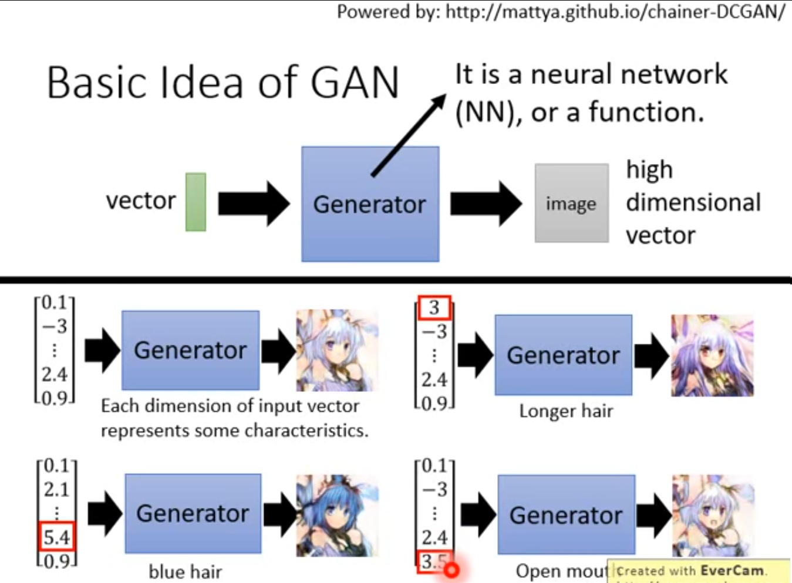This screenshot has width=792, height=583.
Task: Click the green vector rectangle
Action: (196, 202)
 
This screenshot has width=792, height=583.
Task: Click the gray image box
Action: (571, 203)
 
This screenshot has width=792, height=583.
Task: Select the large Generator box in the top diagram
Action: (370, 204)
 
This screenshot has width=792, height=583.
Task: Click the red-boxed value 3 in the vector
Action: (434, 308)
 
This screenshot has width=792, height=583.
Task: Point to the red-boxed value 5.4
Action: (56, 537)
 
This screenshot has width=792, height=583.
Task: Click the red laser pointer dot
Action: (451, 570)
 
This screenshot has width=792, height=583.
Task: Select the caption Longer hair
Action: (566, 411)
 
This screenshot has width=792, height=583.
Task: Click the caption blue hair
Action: (185, 571)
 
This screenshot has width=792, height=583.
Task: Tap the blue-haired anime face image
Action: (337, 516)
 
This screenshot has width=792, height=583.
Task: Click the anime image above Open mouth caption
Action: (713, 516)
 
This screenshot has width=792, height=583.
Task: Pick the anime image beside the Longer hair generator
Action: (712, 355)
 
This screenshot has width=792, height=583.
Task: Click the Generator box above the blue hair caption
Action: (193, 513)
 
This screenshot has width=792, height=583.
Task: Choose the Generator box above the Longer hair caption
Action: (563, 355)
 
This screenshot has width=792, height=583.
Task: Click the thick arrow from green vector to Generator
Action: (254, 204)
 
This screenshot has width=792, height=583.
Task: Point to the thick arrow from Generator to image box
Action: (486, 204)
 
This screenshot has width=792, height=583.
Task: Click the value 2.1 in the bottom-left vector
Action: (56, 489)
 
